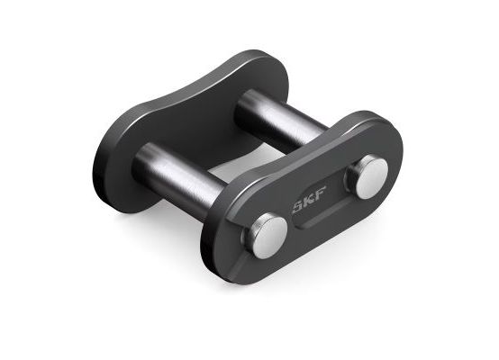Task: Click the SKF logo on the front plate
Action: [309, 200]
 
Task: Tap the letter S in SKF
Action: [298, 206]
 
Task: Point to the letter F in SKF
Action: [321, 193]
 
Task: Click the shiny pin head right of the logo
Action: [369, 175]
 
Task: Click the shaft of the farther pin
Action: [280, 121]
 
